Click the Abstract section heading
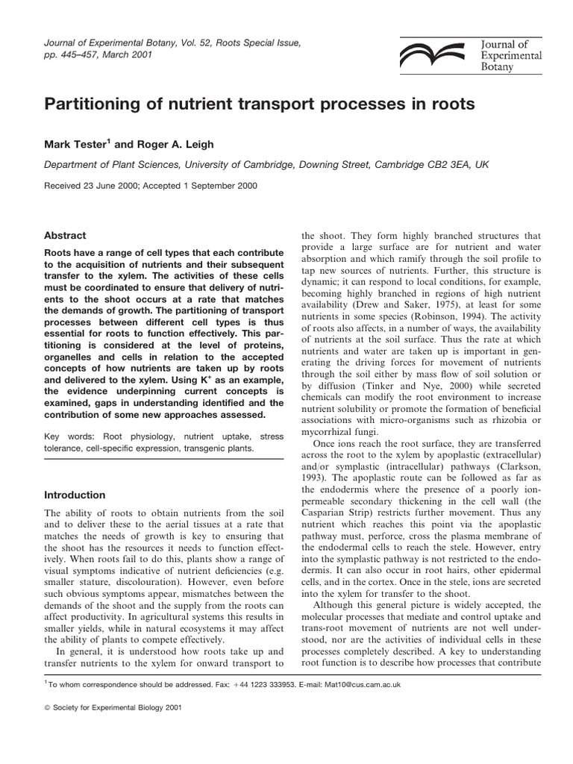pyautogui.click(x=65, y=235)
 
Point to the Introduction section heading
pyautogui.click(x=75, y=495)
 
